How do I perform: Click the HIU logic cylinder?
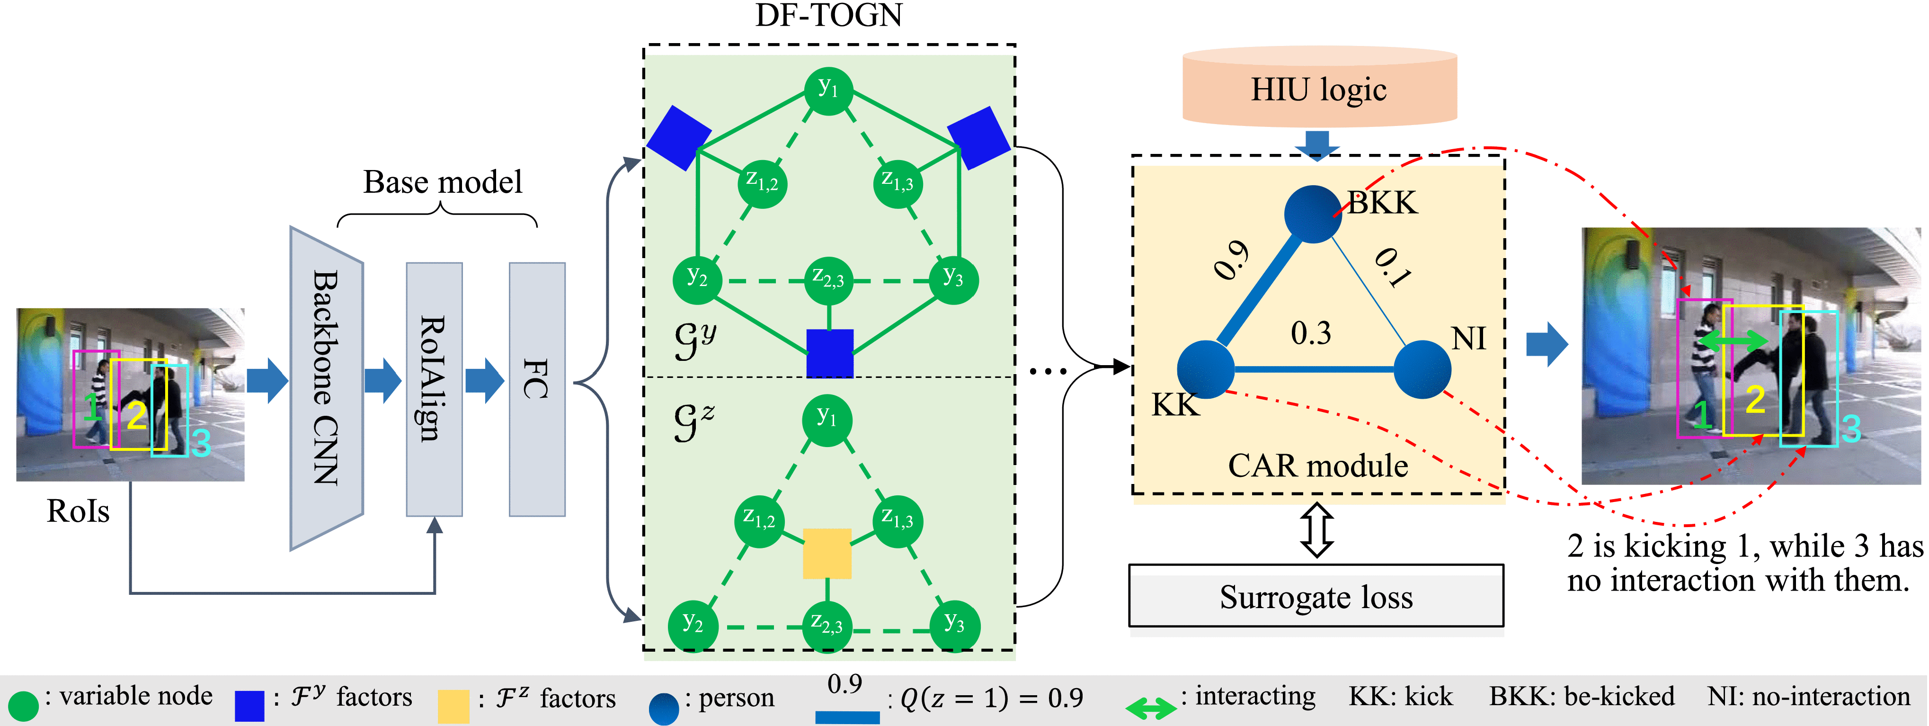(x=1319, y=89)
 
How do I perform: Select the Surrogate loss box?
(x=1316, y=596)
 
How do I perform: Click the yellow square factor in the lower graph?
(x=827, y=554)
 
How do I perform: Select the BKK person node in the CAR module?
(x=1312, y=214)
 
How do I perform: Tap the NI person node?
(x=1422, y=368)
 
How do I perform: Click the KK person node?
(x=1205, y=368)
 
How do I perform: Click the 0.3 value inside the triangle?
(x=1310, y=332)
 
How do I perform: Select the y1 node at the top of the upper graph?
(x=828, y=90)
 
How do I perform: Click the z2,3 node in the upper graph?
(x=828, y=281)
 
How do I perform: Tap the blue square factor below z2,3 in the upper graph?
(x=830, y=353)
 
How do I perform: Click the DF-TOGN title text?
(x=828, y=15)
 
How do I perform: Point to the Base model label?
(x=443, y=182)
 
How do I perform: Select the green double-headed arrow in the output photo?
(x=1732, y=341)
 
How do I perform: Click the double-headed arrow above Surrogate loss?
(x=1316, y=530)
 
